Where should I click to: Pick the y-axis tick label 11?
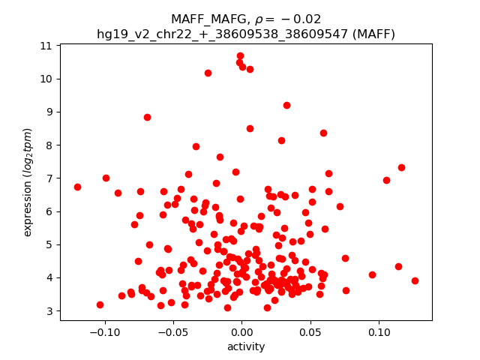pos(46,46)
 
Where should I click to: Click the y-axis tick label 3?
pos(49,310)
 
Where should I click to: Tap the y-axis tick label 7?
pos(49,178)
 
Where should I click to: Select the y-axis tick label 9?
pos(49,112)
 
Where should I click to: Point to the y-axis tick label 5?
pos(49,244)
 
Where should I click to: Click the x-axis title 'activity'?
pos(246,346)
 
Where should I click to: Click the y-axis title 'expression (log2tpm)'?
pos(28,182)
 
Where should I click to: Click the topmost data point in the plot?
pos(240,55)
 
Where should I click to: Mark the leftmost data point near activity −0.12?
pos(77,187)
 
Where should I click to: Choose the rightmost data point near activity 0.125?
pos(415,280)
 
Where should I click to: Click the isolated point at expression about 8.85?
pos(147,117)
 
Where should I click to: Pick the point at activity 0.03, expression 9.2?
pos(286,105)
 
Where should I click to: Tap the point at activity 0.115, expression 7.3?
pos(401,167)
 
